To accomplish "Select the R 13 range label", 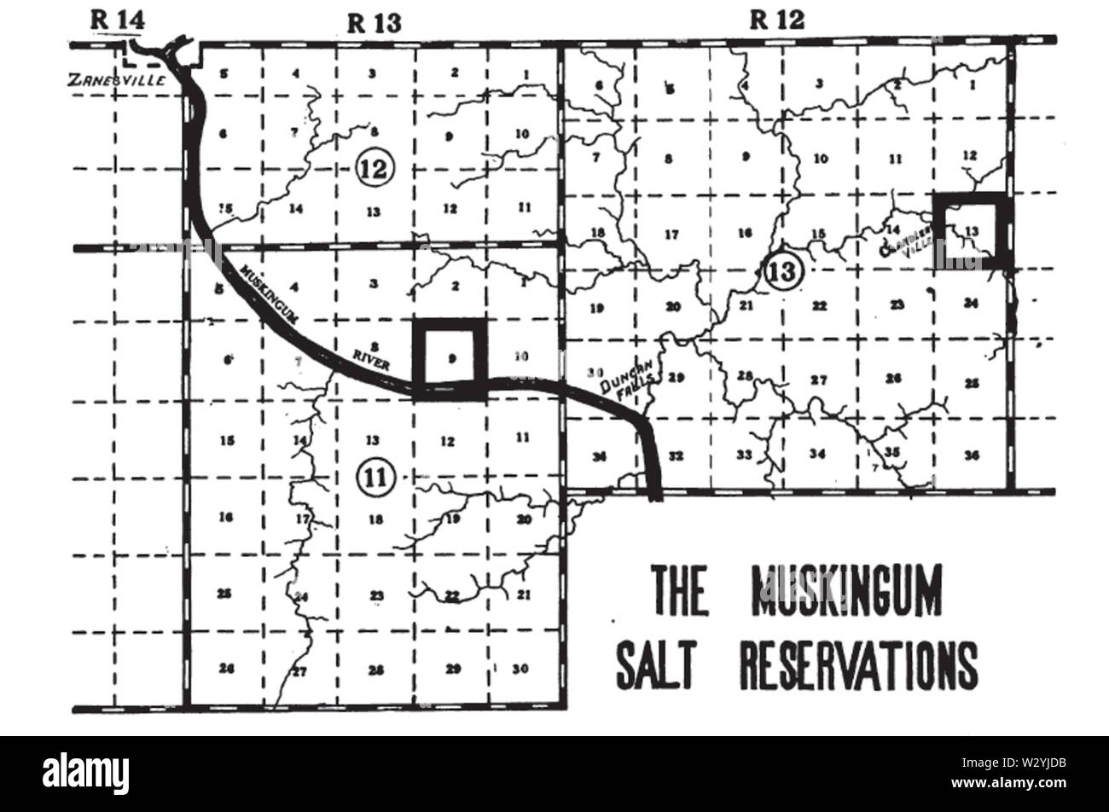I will [x=375, y=23].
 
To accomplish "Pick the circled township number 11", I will [x=373, y=477].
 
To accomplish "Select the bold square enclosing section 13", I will [x=969, y=231].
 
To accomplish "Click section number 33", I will [x=744, y=454].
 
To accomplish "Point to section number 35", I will [x=892, y=452].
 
